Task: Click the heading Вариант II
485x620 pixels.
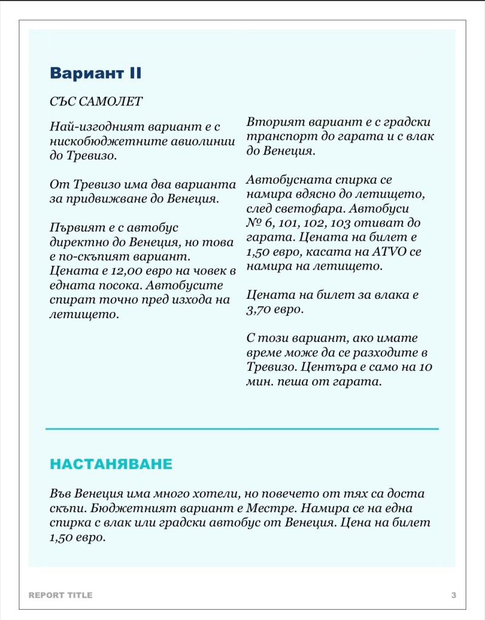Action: (95, 73)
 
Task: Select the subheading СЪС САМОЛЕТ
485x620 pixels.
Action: (96, 101)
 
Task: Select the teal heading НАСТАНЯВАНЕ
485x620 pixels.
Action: (111, 464)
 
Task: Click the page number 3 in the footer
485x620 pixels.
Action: (453, 595)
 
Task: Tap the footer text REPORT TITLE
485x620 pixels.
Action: (61, 595)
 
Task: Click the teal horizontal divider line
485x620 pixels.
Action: (242, 429)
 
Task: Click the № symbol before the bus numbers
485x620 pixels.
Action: (253, 223)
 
